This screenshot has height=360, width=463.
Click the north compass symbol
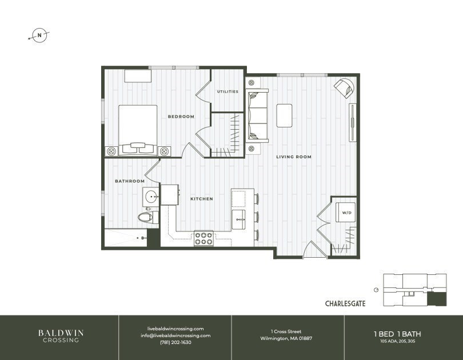click(x=39, y=35)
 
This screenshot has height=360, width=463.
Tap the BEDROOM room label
click(x=181, y=117)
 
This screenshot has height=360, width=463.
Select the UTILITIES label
click(x=227, y=91)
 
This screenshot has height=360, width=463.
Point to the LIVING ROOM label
click(x=294, y=157)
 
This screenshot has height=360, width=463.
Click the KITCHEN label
click(x=202, y=199)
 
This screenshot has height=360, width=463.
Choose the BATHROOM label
click(x=130, y=181)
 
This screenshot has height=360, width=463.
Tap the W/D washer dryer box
click(x=346, y=213)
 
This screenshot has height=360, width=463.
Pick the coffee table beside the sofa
click(x=285, y=115)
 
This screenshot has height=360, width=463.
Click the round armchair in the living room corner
click(x=345, y=87)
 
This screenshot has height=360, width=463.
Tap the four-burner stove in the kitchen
click(x=203, y=238)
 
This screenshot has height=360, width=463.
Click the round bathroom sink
click(x=152, y=197)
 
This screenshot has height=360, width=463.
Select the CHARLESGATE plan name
click(x=345, y=303)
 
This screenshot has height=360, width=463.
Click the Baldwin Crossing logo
click(x=59, y=335)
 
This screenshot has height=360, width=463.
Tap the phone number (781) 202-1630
click(x=175, y=342)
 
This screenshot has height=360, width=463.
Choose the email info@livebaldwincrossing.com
click(x=175, y=335)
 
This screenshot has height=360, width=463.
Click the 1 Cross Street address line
click(x=286, y=331)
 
